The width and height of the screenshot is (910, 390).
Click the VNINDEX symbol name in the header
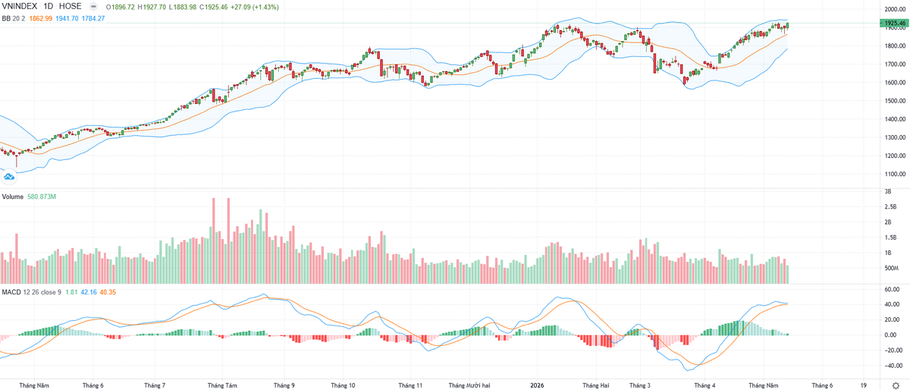20,6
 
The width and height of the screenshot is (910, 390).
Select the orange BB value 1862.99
41,18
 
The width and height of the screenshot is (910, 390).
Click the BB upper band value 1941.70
67,18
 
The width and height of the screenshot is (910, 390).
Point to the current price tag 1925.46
894,24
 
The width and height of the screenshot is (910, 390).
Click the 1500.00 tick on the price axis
893,101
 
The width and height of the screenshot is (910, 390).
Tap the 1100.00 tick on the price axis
893,174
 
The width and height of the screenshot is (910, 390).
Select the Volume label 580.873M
42,197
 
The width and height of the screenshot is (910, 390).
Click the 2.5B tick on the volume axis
890,206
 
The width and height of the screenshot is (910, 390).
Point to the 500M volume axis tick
891,268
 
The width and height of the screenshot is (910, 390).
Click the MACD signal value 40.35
108,292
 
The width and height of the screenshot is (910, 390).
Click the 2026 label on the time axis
537,385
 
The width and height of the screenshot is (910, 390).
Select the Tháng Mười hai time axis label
469,385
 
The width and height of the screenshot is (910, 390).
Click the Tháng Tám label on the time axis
222,385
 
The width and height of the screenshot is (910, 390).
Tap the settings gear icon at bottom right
896,385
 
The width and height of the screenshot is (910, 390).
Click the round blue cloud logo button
9,177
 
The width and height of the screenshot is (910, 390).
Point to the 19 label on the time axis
863,385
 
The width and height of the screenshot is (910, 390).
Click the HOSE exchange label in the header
71,6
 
